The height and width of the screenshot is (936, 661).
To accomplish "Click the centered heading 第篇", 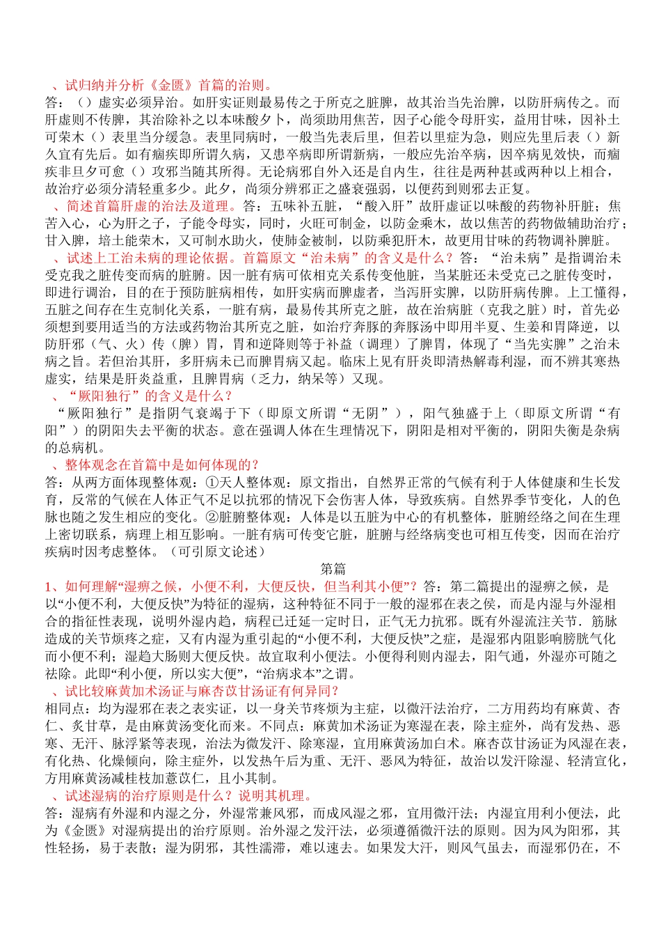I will click(333, 569).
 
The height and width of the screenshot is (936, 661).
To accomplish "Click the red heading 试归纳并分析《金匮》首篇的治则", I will click(167, 85).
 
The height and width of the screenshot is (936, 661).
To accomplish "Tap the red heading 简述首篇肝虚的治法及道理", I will click(150, 206).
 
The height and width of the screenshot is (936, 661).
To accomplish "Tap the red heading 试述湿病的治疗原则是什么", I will click(188, 795).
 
